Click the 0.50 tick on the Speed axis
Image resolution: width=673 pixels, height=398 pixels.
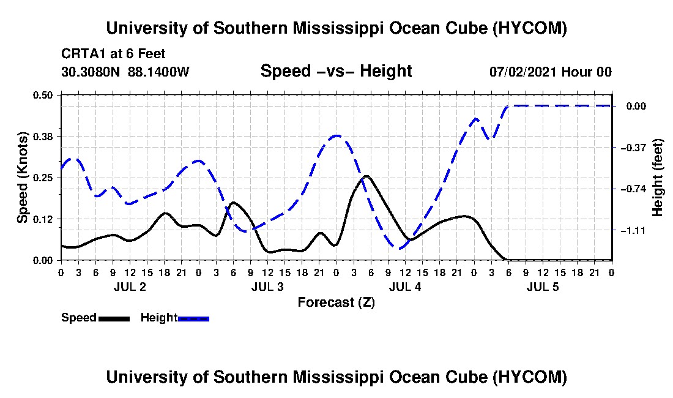pyautogui.click(x=42, y=95)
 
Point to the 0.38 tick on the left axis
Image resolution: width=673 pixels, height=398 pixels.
pyautogui.click(x=42, y=137)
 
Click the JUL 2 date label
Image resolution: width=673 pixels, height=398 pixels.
pyautogui.click(x=130, y=287)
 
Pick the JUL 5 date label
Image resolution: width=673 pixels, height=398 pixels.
pyautogui.click(x=543, y=287)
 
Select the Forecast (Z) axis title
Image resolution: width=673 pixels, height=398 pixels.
pyautogui.click(x=336, y=302)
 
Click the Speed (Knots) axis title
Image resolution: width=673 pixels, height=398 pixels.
pyautogui.click(x=22, y=178)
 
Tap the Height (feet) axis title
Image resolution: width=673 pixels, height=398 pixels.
pyautogui.click(x=657, y=178)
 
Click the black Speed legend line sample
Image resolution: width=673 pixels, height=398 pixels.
pyautogui.click(x=114, y=318)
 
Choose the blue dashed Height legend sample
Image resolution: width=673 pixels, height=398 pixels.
pyautogui.click(x=193, y=318)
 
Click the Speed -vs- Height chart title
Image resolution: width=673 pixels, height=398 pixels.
pyautogui.click(x=336, y=71)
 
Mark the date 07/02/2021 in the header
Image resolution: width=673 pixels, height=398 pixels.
pyautogui.click(x=524, y=72)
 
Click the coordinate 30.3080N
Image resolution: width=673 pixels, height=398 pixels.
pyautogui.click(x=91, y=72)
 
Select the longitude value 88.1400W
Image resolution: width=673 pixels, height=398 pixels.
pyautogui.click(x=158, y=72)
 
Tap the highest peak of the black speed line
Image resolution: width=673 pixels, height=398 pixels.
pyautogui.click(x=366, y=176)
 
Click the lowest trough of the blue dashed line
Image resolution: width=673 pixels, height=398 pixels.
pyautogui.click(x=399, y=248)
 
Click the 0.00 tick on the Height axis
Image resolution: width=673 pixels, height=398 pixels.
pyautogui.click(x=636, y=106)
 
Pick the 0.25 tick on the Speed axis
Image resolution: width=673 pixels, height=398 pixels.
pyautogui.click(x=42, y=178)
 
